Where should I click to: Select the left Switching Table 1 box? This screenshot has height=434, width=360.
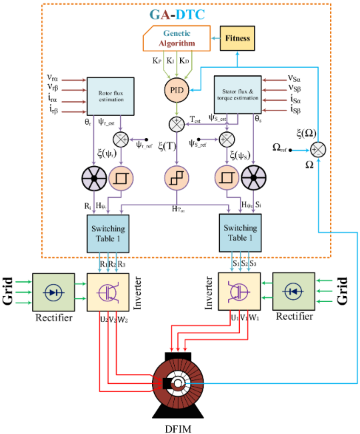coord(108,233)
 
